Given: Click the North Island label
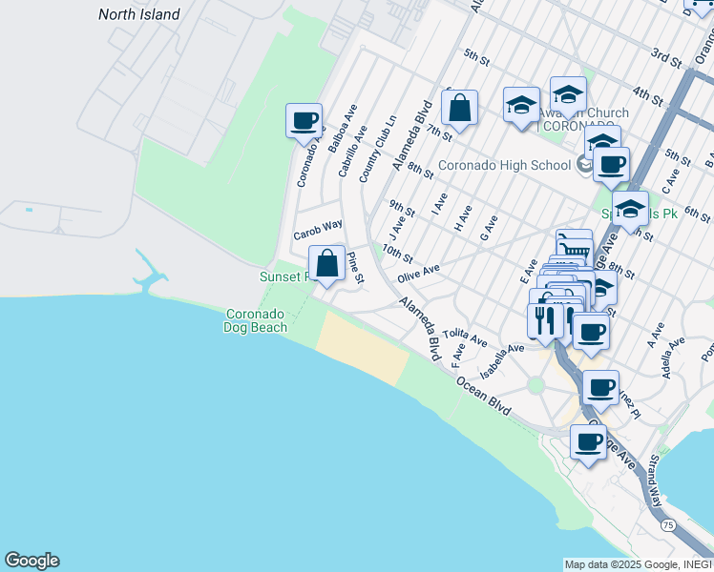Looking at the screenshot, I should pos(139,14).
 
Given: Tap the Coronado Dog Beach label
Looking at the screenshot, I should pos(255,320).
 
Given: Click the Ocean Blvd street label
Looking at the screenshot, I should pos(485,393).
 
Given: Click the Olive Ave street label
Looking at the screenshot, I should pos(418,274).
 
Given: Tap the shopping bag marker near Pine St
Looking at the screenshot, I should pos(326,263).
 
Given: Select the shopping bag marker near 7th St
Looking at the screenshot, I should pos(459,109).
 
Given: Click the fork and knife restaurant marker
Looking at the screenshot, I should pos(544,320).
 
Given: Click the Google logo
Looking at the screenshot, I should pos(31,561).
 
